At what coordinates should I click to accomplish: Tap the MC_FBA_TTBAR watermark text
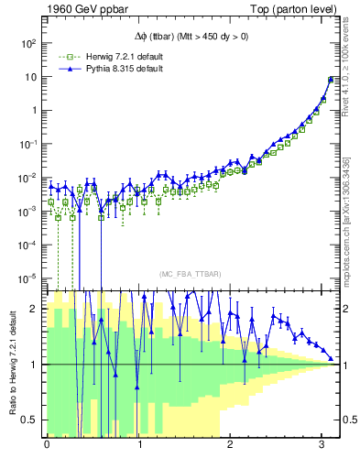point(188,275)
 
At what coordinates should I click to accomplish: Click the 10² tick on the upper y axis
point(28,43)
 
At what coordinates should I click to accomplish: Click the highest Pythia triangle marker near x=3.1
point(331,79)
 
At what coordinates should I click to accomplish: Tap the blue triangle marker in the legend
point(64,69)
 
